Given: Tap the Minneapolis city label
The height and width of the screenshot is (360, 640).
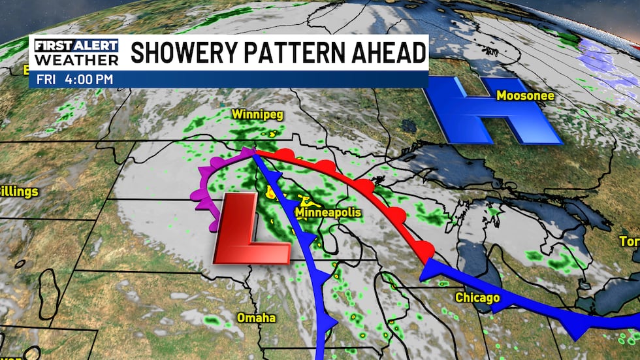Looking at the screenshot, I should click(328, 213).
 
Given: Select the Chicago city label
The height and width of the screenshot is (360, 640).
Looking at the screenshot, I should click(477, 299).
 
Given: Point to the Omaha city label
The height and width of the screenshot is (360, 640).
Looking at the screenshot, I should click(255, 318).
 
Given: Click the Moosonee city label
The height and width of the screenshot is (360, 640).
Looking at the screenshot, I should click(525, 96).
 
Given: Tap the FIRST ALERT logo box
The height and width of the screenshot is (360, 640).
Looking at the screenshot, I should click(76, 46).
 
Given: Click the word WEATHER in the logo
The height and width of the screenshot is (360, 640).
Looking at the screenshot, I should click(76, 59).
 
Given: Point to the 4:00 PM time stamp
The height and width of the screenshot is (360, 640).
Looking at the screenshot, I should click(89, 79).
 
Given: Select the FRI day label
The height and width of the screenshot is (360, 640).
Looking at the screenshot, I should click(46, 79).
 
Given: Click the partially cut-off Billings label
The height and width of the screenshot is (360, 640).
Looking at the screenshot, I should click(18, 192).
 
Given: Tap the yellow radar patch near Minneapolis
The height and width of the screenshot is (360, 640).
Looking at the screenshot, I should click(272, 192).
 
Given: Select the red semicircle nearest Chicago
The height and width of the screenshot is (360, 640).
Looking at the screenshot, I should click(425, 248).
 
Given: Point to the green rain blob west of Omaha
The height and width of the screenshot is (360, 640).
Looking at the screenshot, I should click(213, 321).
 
